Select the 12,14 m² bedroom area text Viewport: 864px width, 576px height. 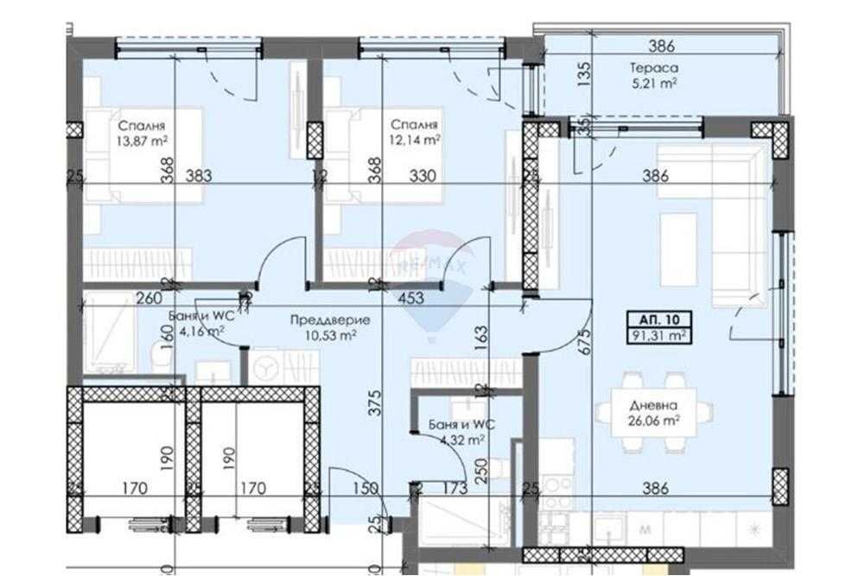click(416, 138)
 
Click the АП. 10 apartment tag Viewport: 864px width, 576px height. click(660, 319)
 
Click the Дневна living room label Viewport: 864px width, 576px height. click(654, 406)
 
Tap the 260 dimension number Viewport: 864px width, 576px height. click(150, 300)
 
